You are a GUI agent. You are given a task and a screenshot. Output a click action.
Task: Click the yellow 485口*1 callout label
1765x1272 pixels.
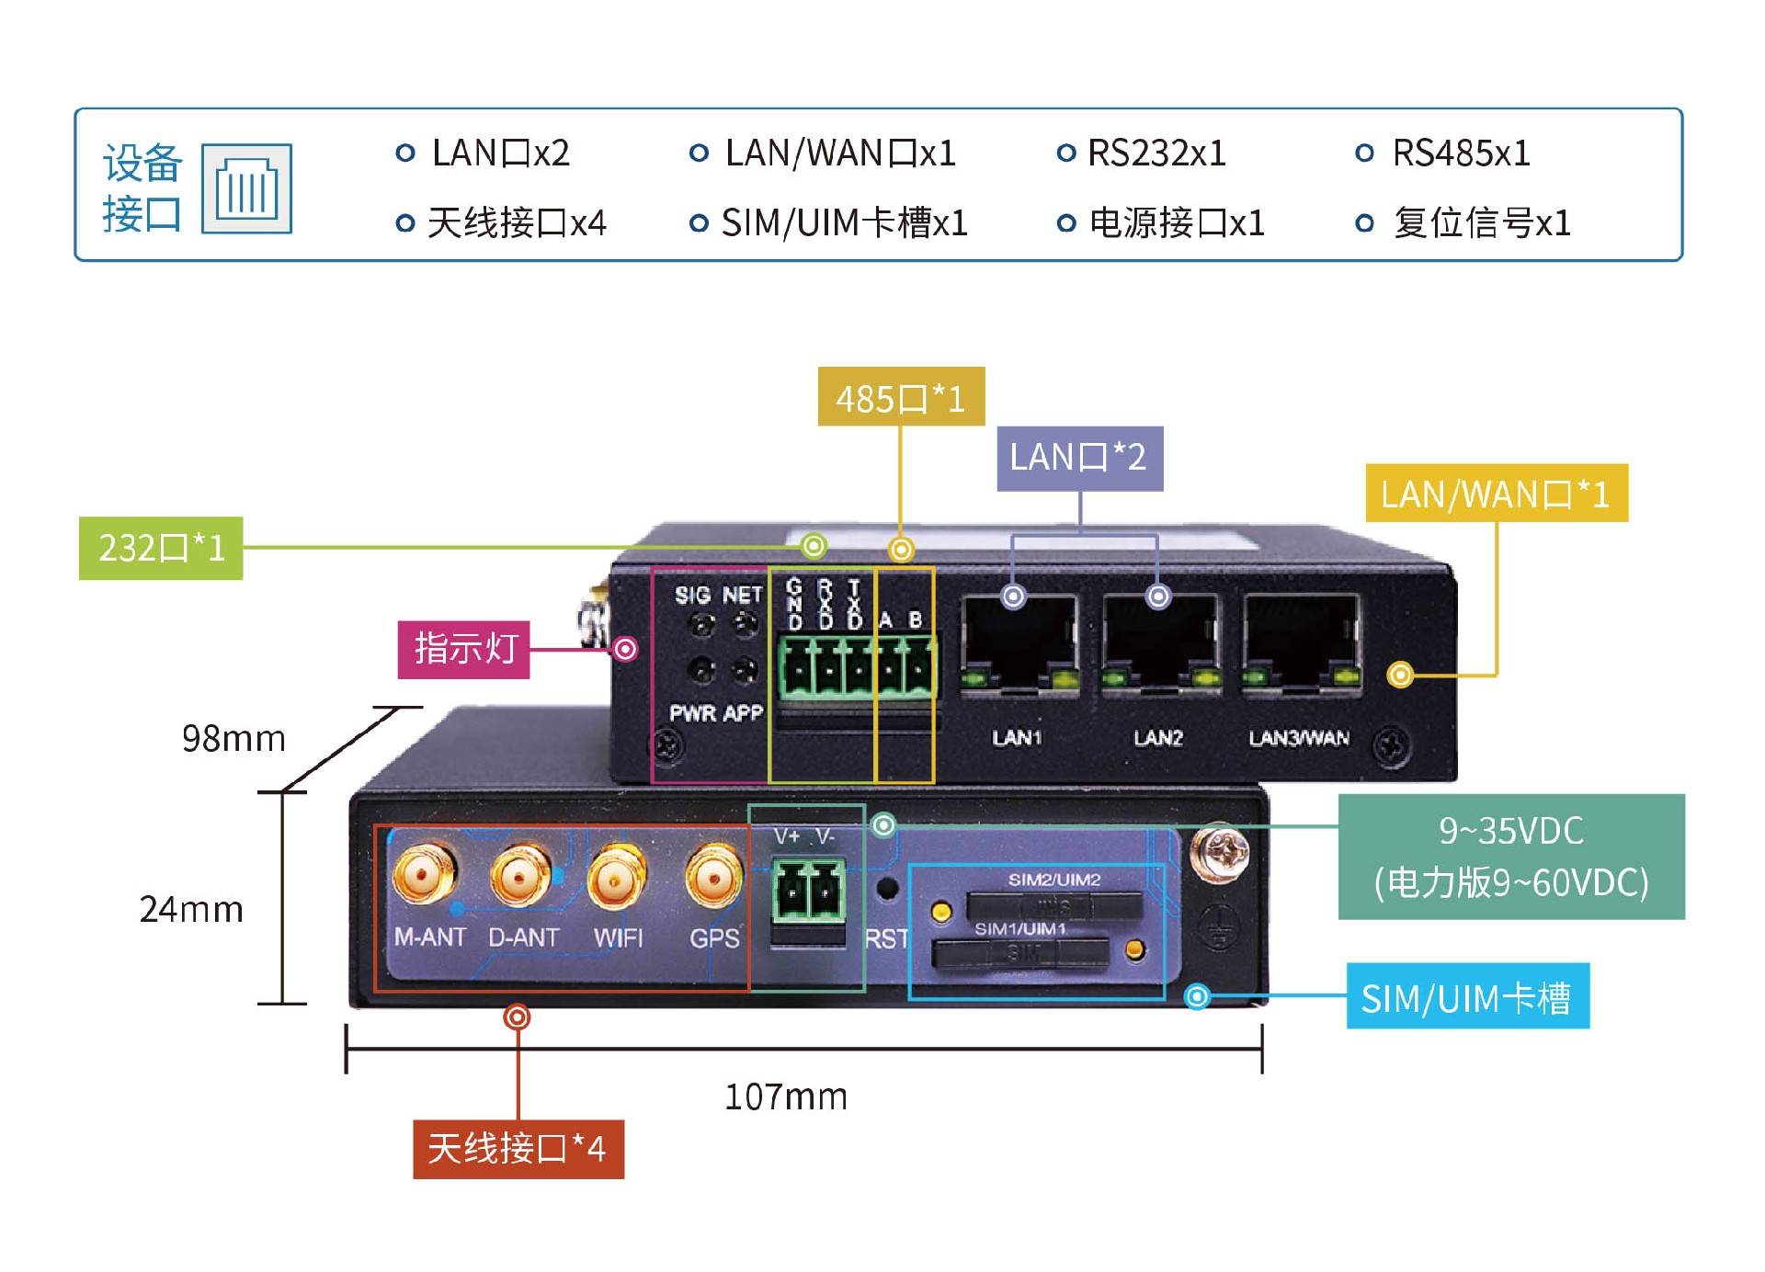[x=901, y=397]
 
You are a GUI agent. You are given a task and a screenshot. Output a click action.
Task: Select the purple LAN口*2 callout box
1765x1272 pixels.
[x=1079, y=458]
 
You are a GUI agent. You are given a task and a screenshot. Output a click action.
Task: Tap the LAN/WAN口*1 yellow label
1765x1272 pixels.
[x=1496, y=494]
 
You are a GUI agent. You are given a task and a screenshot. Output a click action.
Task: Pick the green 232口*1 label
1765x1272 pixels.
[x=161, y=548]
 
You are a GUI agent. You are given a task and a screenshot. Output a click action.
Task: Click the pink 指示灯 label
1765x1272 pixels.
[x=463, y=649]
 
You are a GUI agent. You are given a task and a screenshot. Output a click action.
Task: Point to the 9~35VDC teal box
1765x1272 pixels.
[x=1510, y=857]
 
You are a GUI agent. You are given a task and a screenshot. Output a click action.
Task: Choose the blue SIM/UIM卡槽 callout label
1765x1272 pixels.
[x=1467, y=997]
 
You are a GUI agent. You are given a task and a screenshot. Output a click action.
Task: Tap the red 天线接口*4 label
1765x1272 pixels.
[x=518, y=1149]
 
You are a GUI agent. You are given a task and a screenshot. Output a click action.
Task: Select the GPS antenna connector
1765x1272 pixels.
[x=713, y=876]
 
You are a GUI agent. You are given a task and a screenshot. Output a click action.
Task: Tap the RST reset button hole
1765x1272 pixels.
[x=887, y=889]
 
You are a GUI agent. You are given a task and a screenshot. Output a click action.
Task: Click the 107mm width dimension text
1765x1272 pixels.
[x=786, y=1096]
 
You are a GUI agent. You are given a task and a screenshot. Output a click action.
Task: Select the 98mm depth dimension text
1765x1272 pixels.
[x=233, y=738]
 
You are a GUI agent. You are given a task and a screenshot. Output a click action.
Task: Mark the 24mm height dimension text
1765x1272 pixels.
[x=191, y=909]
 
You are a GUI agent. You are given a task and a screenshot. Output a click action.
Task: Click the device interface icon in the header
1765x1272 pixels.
[x=246, y=189]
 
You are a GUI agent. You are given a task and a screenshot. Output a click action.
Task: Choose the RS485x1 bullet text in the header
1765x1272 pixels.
[x=1461, y=153]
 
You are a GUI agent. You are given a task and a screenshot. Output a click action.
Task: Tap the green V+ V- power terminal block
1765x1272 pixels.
[x=808, y=890]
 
